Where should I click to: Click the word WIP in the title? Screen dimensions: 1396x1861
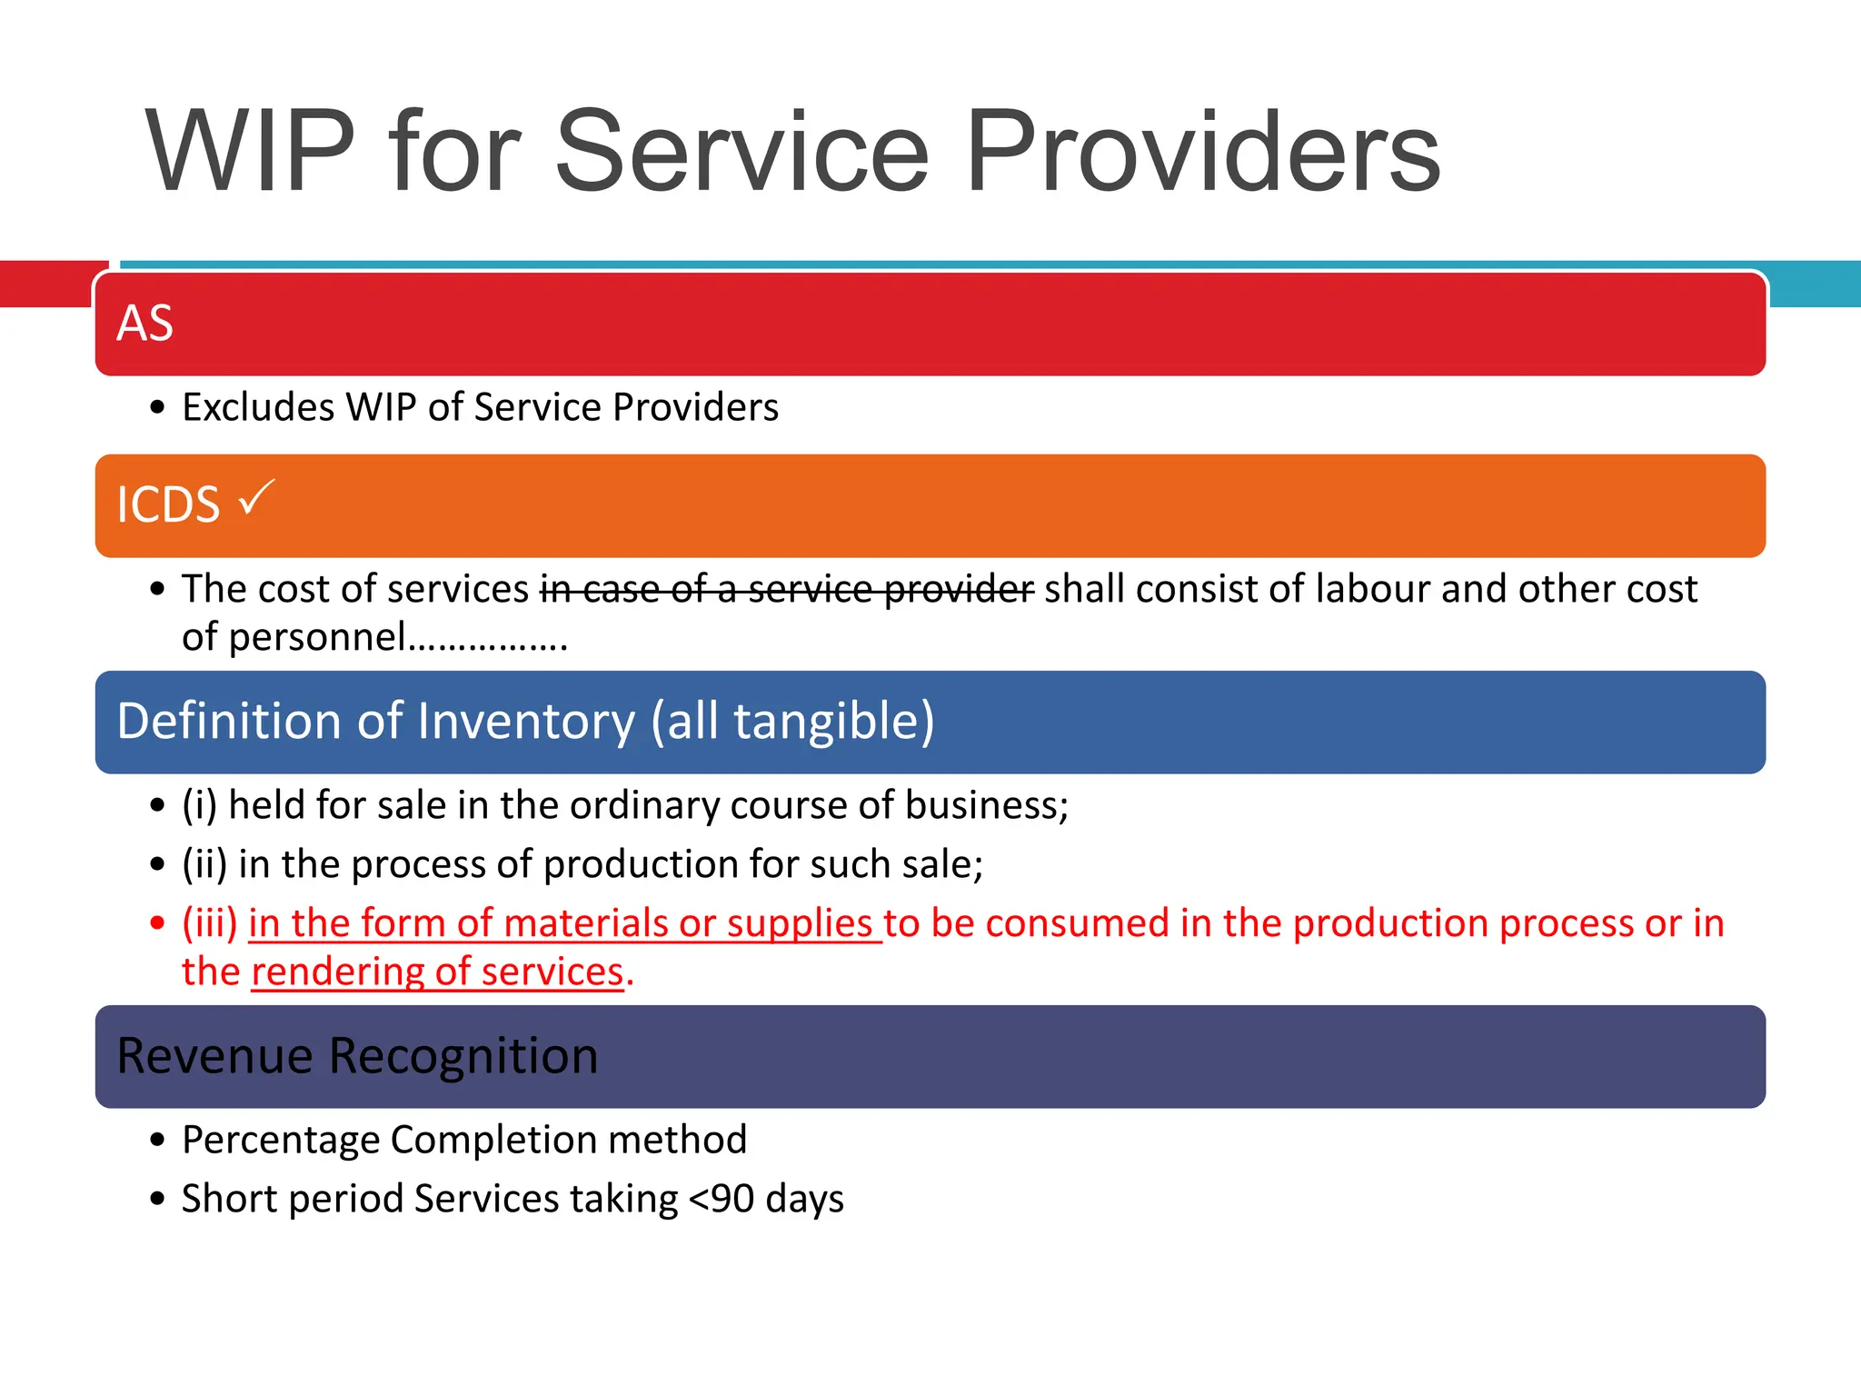pyautogui.click(x=250, y=152)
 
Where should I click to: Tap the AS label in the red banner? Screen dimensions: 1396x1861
pyautogui.click(x=144, y=324)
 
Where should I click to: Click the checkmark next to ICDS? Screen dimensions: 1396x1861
pyautogui.click(x=255, y=498)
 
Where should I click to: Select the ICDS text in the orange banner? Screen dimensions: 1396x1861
pyautogui.click(x=168, y=505)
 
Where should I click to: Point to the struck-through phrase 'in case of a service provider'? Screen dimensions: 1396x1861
pyautogui.click(x=786, y=589)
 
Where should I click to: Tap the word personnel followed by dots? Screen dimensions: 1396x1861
pyautogui.click(x=317, y=637)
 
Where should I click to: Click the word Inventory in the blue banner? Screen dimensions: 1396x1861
pyautogui.click(x=526, y=722)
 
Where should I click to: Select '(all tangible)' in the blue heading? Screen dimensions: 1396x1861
pyautogui.click(x=791, y=722)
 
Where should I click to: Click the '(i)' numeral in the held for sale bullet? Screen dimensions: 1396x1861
pyautogui.click(x=199, y=806)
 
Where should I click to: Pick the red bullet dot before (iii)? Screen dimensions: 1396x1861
pyautogui.click(x=158, y=924)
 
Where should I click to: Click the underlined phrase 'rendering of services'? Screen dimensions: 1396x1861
pyautogui.click(x=437, y=972)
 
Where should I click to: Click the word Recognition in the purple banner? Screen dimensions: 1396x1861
pyautogui.click(x=463, y=1056)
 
